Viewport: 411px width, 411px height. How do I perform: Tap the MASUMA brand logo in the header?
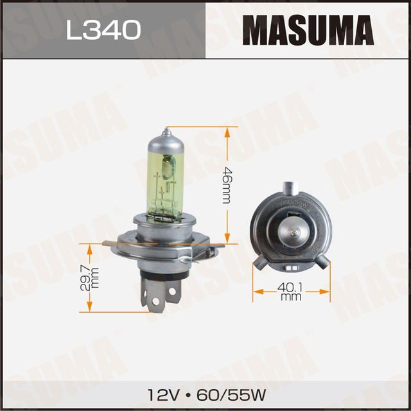coord(308,30)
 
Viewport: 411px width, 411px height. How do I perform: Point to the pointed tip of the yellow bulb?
coord(166,131)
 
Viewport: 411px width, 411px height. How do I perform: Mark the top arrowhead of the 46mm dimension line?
coord(227,131)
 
